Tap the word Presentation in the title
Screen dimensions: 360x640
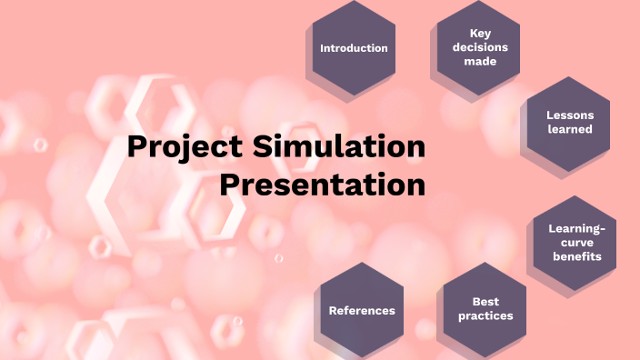(x=323, y=185)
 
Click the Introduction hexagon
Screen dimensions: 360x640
(x=354, y=48)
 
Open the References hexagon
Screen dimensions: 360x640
(x=362, y=310)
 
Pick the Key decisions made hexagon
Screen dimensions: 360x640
(x=479, y=47)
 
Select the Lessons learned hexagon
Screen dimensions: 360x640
(x=569, y=123)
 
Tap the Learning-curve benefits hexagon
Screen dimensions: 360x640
(x=575, y=242)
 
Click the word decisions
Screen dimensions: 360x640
(x=480, y=47)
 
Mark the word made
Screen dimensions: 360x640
(x=480, y=61)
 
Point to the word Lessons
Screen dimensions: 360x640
(x=570, y=115)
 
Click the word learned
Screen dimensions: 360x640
(x=570, y=129)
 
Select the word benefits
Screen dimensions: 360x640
(x=576, y=256)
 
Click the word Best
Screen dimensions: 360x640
(x=485, y=302)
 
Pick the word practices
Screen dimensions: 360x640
(x=485, y=315)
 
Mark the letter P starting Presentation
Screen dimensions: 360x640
(x=230, y=185)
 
